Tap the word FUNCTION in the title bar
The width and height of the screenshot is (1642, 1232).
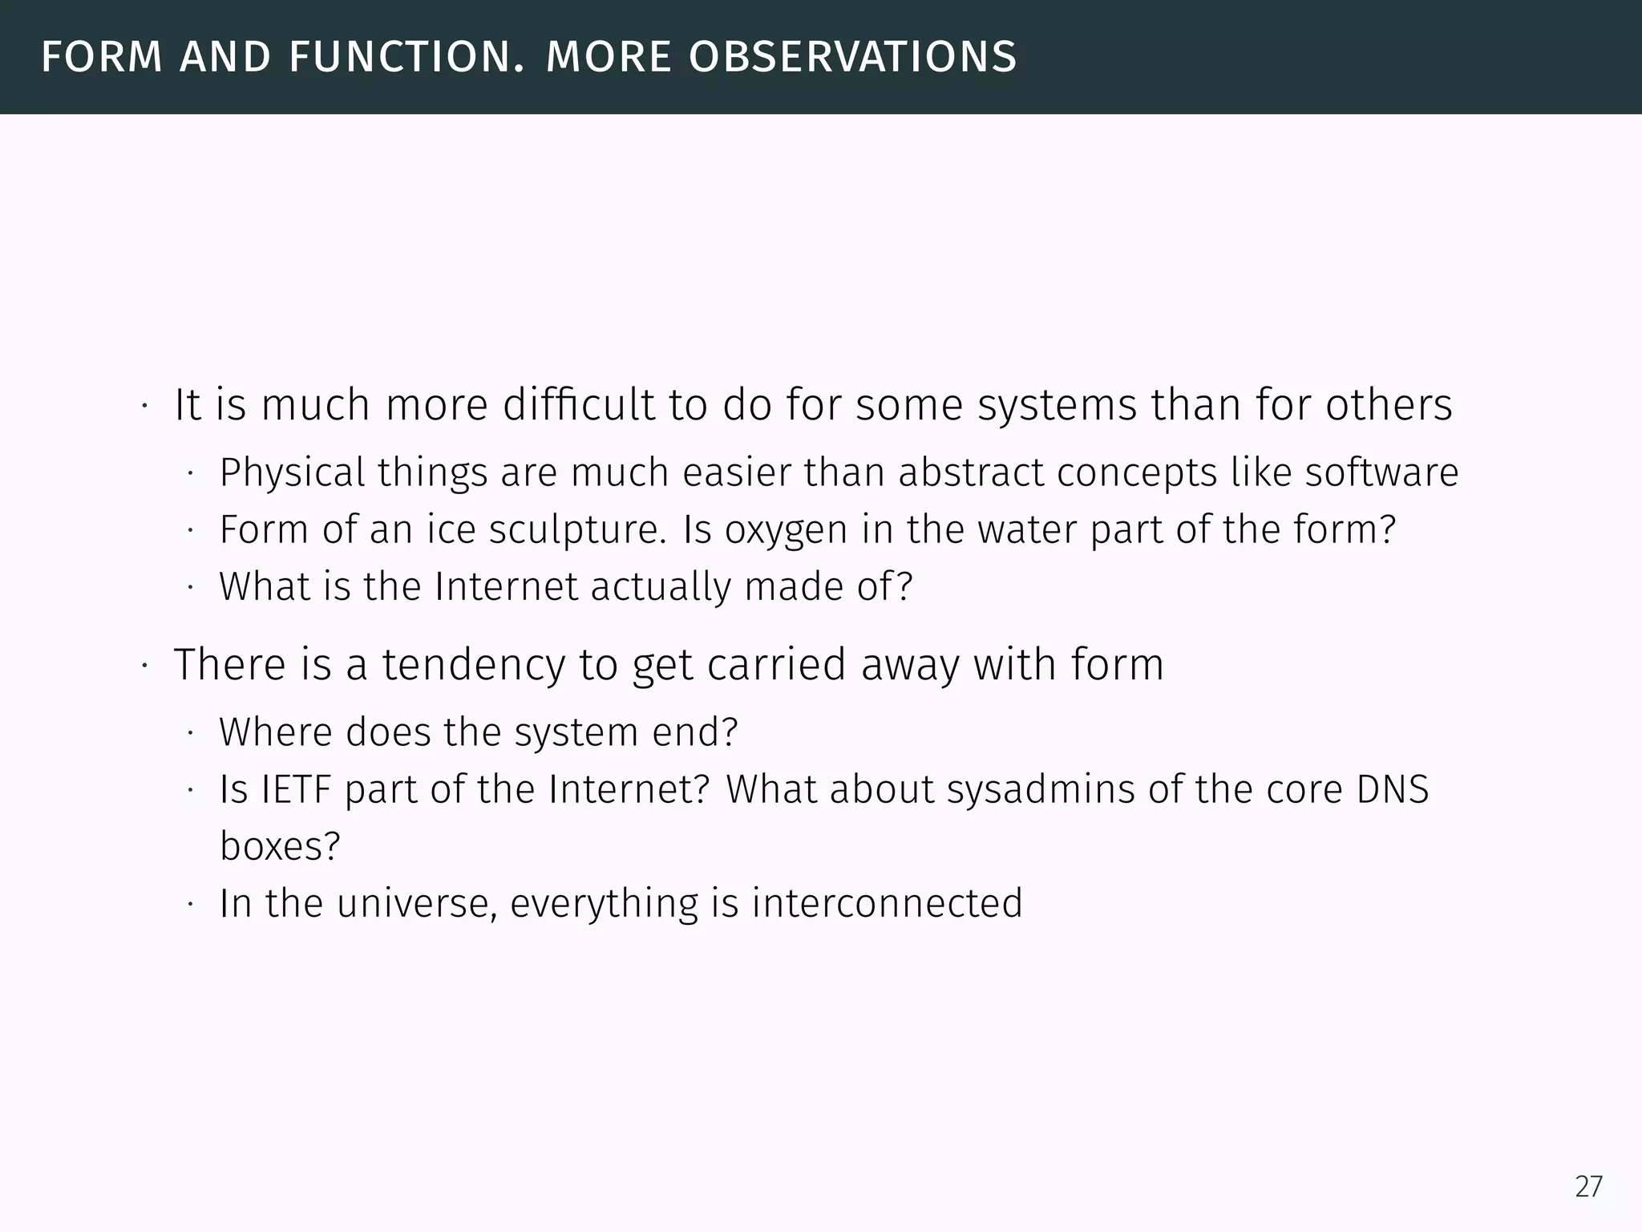tap(407, 58)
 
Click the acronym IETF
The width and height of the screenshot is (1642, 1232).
tap(296, 789)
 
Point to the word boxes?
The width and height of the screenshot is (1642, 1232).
tap(280, 846)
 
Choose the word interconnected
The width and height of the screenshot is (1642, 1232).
tap(887, 903)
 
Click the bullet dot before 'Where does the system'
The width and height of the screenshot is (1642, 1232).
tap(191, 733)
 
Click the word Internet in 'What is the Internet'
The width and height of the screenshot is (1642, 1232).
tap(506, 587)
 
